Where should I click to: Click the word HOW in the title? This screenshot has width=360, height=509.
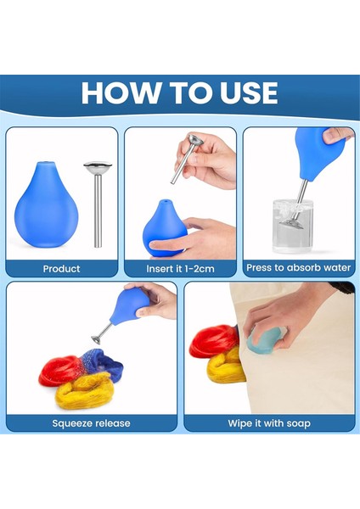pos(121,92)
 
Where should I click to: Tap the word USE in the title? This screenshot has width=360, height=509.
pos(249,92)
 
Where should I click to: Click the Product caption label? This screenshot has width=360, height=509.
pos(61,269)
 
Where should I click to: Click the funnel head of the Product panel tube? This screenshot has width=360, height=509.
pos(98,167)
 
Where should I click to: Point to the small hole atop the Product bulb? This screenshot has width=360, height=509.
pos(45,162)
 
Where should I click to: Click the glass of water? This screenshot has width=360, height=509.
pos(294,227)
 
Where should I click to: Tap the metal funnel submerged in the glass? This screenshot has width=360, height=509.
pos(291,223)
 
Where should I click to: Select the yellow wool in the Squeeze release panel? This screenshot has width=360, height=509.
pos(85,390)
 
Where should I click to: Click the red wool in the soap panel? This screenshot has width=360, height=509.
pos(215,342)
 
